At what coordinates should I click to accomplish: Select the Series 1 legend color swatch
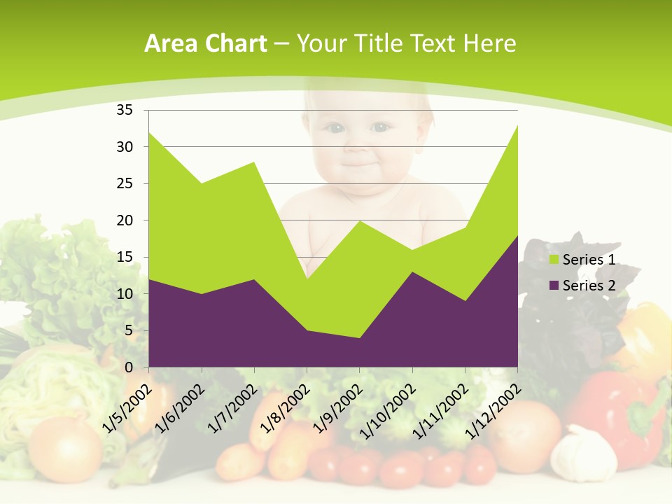coord(554,260)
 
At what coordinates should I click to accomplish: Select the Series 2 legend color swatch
coord(554,286)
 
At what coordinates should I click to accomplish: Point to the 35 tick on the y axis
coord(125,110)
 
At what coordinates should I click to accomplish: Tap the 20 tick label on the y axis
coord(125,220)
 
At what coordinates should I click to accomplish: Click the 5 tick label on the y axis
coord(129,330)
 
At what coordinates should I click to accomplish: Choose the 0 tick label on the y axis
coord(129,367)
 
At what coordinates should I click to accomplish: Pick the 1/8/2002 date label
coord(286,407)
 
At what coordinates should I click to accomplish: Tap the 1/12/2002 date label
coord(493,412)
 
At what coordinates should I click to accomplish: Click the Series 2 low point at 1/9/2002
coord(360,338)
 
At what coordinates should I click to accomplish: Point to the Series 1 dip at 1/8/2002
coord(307,279)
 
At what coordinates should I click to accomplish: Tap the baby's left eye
coord(380,127)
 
